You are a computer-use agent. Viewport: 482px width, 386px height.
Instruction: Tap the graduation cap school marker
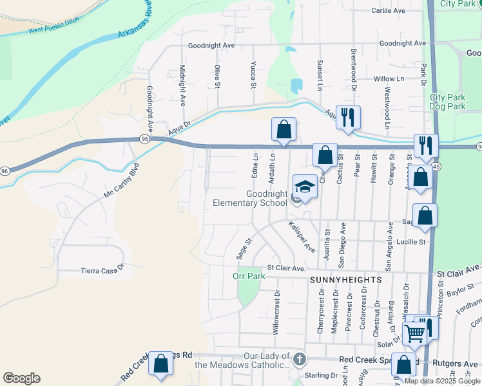(305, 187)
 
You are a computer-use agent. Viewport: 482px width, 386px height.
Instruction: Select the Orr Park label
(249, 277)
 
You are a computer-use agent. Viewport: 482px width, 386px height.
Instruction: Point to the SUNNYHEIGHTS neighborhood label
(345, 280)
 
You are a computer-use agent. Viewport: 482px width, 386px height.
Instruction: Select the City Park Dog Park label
(447, 102)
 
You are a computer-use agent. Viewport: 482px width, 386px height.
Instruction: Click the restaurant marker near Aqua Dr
(348, 117)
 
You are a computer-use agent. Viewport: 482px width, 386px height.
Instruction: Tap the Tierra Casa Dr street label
(102, 271)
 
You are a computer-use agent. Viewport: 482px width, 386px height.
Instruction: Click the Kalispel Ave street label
(301, 236)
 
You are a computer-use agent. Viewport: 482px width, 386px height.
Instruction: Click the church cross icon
(298, 359)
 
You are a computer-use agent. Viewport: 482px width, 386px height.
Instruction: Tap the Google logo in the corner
(21, 378)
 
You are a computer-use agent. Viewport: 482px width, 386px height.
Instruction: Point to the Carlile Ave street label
(389, 11)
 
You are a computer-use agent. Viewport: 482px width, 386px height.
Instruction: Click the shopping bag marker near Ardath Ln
(284, 129)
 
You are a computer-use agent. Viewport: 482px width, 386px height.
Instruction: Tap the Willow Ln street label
(389, 78)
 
